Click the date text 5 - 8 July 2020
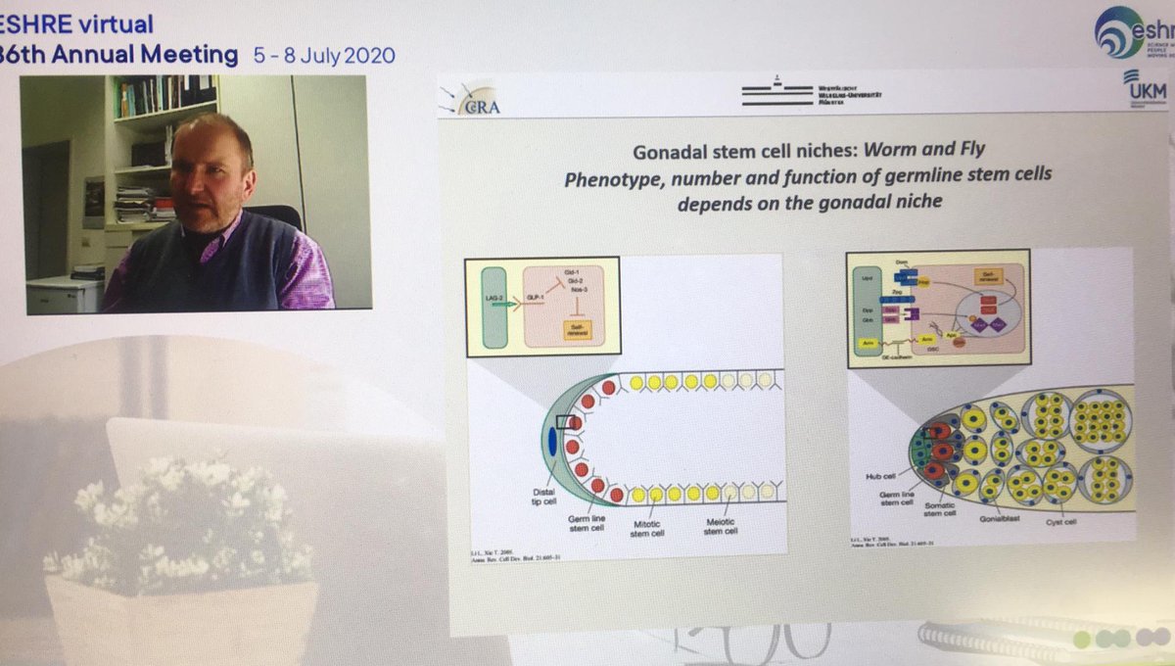click(x=322, y=54)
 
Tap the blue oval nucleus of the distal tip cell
click(x=550, y=443)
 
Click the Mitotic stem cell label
click(x=647, y=530)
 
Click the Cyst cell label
click(x=1062, y=522)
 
